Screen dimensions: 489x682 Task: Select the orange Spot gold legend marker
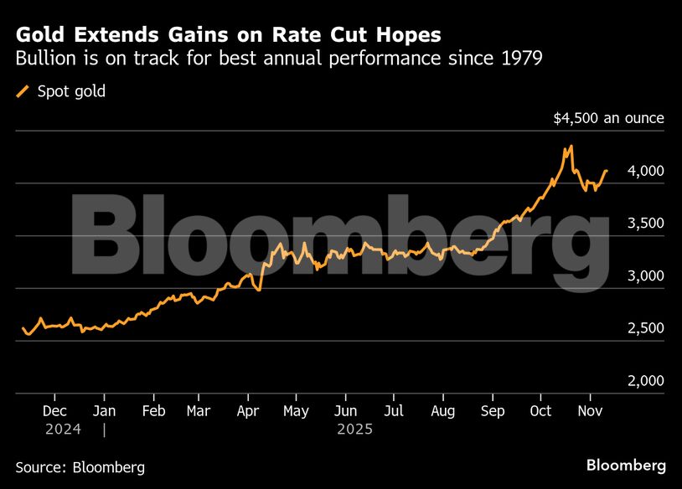point(23,91)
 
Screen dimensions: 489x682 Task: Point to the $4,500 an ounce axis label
point(608,118)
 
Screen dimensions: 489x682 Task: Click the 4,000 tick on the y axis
point(646,171)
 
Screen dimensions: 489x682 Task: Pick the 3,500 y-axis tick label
point(646,224)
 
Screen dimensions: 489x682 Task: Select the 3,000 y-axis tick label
point(646,276)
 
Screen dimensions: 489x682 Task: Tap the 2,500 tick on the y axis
point(646,328)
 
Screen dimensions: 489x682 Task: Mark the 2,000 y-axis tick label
point(646,381)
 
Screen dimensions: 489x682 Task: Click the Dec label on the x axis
point(54,411)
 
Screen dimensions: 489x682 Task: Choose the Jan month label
point(104,411)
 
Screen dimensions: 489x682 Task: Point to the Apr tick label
point(248,411)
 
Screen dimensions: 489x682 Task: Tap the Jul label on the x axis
point(394,411)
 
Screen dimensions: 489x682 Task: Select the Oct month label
point(541,411)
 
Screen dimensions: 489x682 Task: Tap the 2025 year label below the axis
point(354,430)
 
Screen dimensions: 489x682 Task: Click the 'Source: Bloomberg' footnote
point(80,466)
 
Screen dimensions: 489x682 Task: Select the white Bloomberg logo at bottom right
point(626,465)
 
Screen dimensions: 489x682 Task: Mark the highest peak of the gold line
point(571,147)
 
